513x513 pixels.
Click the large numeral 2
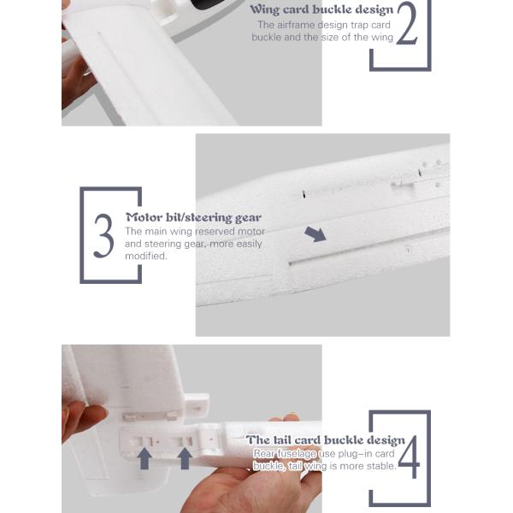(407, 23)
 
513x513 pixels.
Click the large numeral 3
(103, 236)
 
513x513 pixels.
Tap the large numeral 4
(409, 457)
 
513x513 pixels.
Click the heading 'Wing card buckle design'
(321, 9)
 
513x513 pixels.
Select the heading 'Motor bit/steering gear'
(194, 217)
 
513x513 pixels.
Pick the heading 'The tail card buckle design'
(326, 440)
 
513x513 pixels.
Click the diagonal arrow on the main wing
(315, 234)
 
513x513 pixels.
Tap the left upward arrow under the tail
(144, 458)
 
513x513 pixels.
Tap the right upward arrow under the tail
(185, 458)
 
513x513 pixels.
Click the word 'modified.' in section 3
(146, 256)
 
